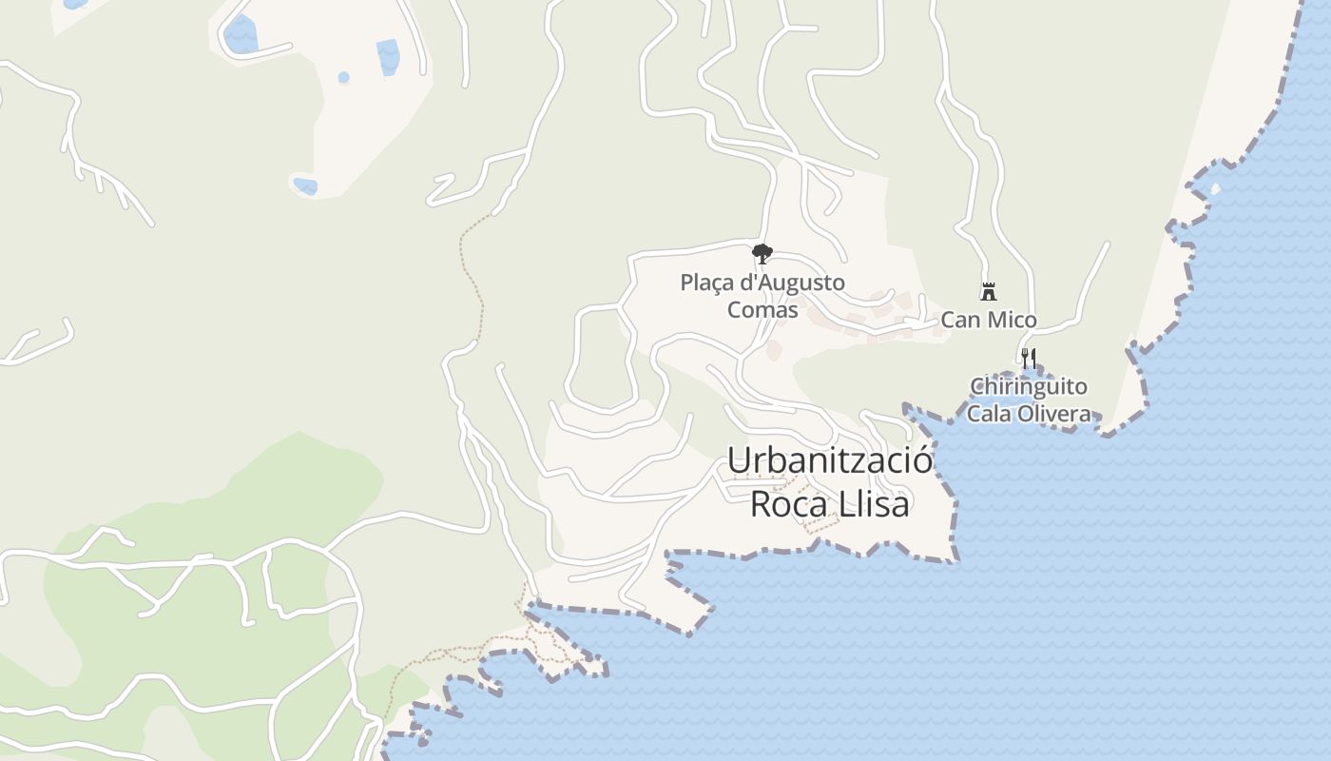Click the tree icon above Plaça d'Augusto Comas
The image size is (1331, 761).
click(x=762, y=253)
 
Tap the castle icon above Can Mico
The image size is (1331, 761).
click(x=989, y=291)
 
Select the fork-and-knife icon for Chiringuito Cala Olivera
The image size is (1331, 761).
click(x=1028, y=359)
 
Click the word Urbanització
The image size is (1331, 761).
click(x=830, y=460)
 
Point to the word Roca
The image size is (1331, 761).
click(x=788, y=503)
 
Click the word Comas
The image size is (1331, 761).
click(x=762, y=309)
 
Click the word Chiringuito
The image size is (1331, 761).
click(x=1028, y=387)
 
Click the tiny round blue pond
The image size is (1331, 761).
click(x=343, y=77)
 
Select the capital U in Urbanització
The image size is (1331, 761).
click(x=739, y=460)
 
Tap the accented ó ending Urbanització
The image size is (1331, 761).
click(x=921, y=460)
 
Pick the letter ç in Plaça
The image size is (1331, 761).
click(x=723, y=283)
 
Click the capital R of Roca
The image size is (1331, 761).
click(x=762, y=503)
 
